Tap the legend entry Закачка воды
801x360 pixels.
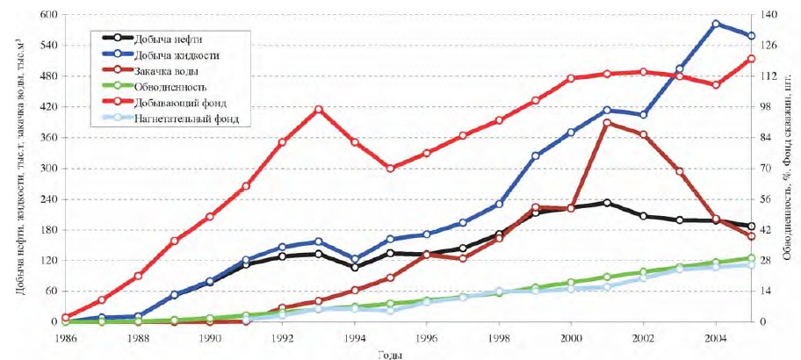(165, 71)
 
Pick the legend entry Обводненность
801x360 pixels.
(170, 87)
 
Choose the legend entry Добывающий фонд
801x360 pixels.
(176, 103)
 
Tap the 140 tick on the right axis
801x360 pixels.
(763, 15)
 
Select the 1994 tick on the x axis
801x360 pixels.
(355, 337)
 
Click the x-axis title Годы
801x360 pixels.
(391, 353)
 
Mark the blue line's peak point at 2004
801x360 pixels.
(716, 24)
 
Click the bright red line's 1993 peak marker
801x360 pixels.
(319, 110)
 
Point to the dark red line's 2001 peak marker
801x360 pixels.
(608, 124)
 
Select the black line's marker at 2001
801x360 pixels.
(608, 203)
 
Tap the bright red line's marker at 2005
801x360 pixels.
(752, 59)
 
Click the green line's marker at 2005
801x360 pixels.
(752, 258)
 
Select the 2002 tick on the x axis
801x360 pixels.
(644, 337)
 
